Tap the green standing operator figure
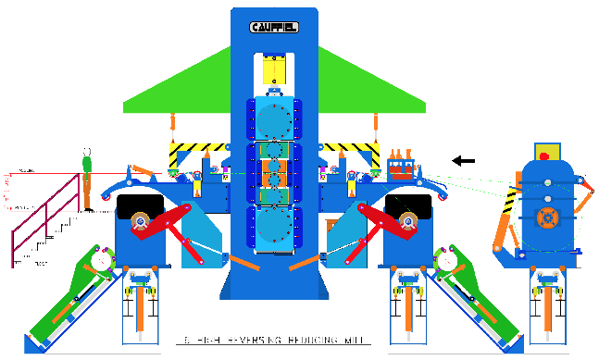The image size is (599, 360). tap(87, 180)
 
